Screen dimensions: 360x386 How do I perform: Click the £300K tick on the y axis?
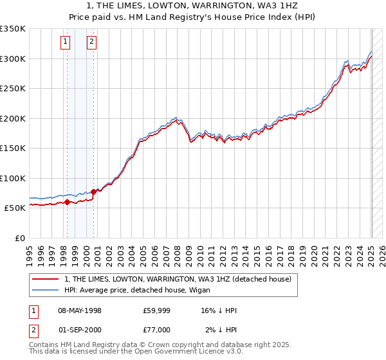click(x=12, y=59)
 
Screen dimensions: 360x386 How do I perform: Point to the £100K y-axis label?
click(x=12, y=178)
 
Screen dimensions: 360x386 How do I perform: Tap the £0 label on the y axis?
click(x=19, y=238)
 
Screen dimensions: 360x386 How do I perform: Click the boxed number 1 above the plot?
click(x=66, y=42)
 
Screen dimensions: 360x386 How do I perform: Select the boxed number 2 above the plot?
click(x=92, y=42)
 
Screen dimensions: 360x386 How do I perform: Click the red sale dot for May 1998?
click(x=67, y=202)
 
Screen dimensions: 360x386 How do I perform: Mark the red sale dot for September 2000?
click(x=93, y=192)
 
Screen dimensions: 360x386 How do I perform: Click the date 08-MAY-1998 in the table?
click(x=80, y=310)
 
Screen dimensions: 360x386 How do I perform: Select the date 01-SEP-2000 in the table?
click(x=80, y=330)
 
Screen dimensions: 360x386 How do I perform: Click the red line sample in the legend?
click(x=44, y=279)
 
